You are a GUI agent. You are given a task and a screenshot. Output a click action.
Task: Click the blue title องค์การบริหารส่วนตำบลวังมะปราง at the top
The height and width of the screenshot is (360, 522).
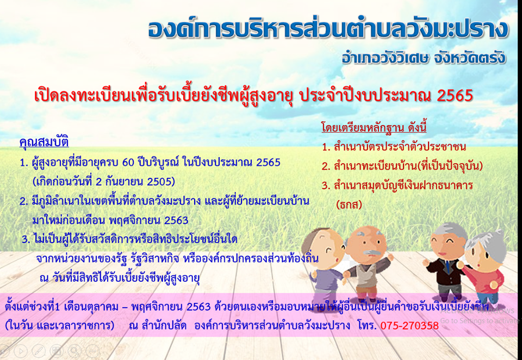328,29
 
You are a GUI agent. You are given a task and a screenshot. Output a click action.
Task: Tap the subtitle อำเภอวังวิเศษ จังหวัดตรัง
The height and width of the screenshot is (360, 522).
424,57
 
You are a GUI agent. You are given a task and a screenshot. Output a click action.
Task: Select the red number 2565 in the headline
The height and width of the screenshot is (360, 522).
455,96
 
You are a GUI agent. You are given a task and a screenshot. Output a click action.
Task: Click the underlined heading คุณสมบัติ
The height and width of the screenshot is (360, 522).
44,142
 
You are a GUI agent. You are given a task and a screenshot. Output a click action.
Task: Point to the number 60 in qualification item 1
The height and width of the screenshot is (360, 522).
128,163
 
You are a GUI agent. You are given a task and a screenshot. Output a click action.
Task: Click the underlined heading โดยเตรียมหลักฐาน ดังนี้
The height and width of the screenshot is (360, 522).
374,127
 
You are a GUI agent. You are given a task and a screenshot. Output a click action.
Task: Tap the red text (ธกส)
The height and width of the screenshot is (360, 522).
349,204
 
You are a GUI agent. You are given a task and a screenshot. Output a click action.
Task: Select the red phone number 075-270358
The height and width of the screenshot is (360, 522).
409,325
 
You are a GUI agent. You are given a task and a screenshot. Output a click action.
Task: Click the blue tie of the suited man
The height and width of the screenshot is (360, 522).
447,266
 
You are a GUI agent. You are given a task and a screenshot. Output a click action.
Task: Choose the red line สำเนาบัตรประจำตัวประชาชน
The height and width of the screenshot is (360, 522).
394,147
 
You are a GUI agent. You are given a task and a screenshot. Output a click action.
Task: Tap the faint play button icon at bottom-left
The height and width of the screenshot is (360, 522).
20,351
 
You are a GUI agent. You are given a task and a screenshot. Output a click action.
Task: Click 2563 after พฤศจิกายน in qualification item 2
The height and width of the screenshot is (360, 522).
176,220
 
